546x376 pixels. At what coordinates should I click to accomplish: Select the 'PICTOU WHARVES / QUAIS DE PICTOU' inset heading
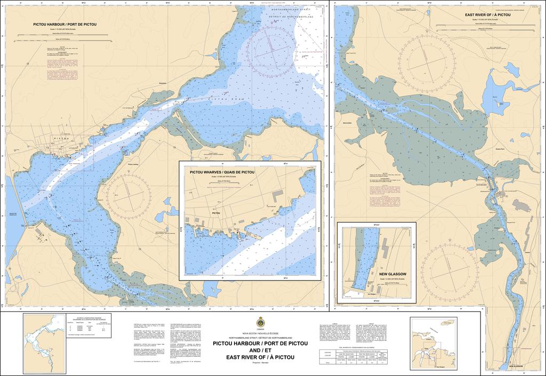[x=222, y=172]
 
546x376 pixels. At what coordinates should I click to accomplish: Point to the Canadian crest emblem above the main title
[x=260, y=322]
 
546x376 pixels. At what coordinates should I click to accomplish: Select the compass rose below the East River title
[x=427, y=63]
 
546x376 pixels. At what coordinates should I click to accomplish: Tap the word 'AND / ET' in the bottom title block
[x=260, y=350]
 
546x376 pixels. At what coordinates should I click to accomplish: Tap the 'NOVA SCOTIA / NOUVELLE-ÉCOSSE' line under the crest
[x=260, y=333]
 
